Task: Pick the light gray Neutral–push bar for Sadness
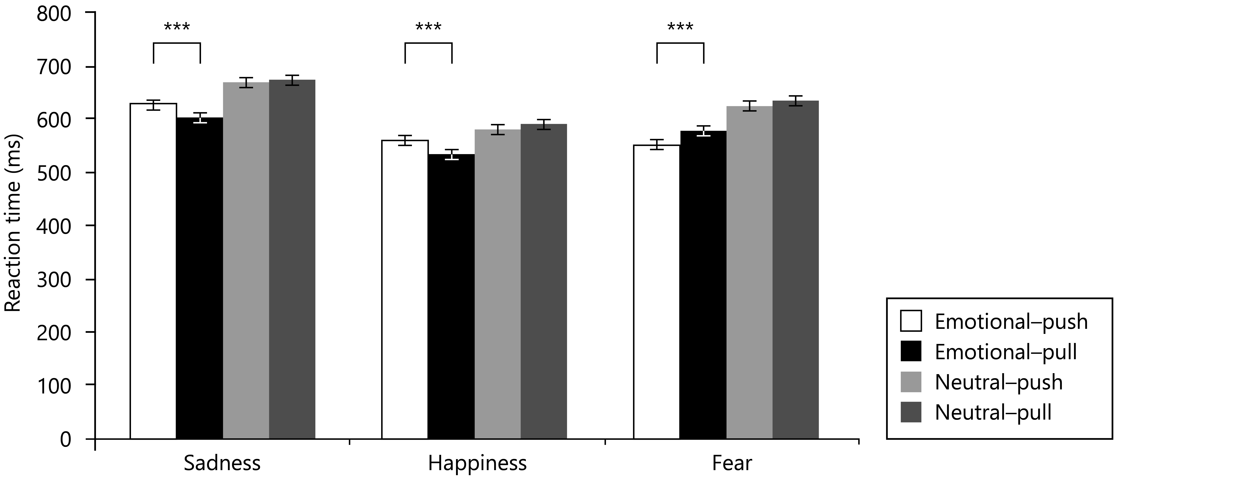click(246, 261)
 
